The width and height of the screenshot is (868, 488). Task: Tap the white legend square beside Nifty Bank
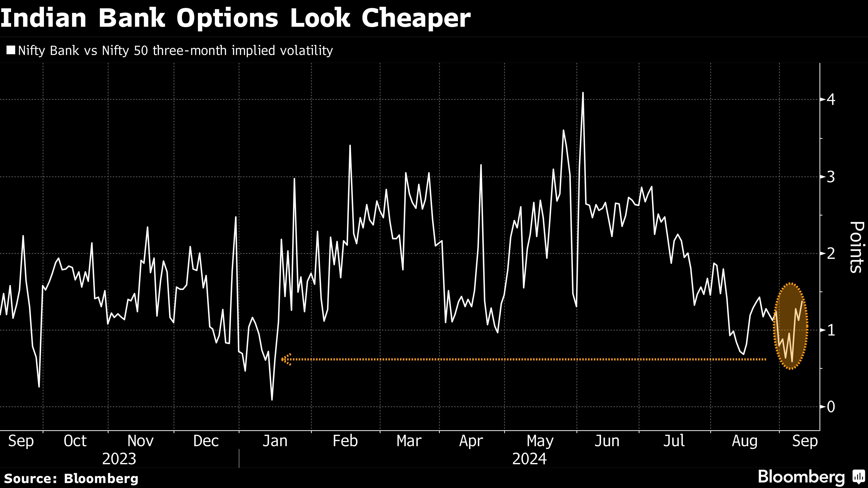[11, 50]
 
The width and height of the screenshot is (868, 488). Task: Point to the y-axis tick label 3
[831, 177]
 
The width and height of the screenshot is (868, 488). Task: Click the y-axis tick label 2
[831, 253]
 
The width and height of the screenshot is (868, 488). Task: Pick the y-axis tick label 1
[831, 330]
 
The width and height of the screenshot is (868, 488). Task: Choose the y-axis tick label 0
[831, 407]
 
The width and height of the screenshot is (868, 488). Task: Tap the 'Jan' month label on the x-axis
[275, 441]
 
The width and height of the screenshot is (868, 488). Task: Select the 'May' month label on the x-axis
[540, 441]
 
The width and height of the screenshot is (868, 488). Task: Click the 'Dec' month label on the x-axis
[206, 441]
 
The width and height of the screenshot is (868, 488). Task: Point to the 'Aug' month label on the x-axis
[744, 441]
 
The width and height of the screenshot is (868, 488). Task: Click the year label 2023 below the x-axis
[119, 459]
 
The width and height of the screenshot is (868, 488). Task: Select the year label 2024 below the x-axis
[529, 459]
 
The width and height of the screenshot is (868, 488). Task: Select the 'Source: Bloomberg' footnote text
[71, 478]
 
